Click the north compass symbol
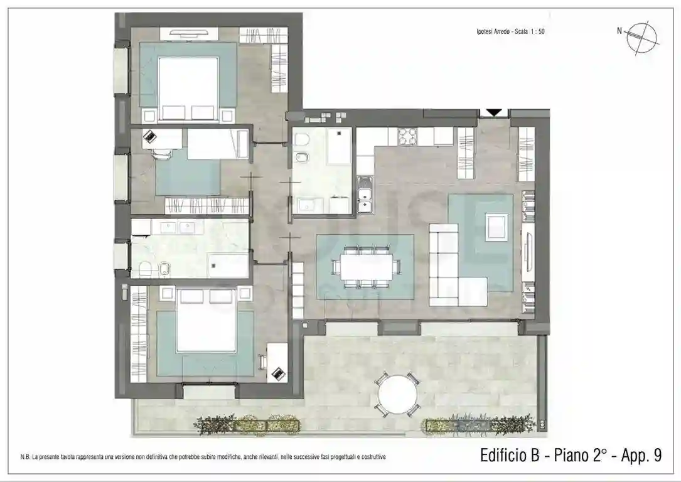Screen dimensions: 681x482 [x=642, y=38]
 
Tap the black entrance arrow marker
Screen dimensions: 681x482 [x=493, y=112]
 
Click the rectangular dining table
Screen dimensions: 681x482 [x=367, y=266]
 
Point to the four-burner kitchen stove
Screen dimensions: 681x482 [x=408, y=136]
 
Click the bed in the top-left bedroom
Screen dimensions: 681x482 [x=188, y=89]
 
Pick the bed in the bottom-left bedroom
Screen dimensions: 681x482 [x=206, y=320]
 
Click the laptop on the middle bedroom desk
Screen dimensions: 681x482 [x=150, y=136]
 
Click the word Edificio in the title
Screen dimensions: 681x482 [x=509, y=456]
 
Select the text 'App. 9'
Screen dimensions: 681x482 [x=641, y=456]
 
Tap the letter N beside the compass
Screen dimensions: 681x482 [x=619, y=31]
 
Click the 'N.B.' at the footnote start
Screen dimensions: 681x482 [x=25, y=457]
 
